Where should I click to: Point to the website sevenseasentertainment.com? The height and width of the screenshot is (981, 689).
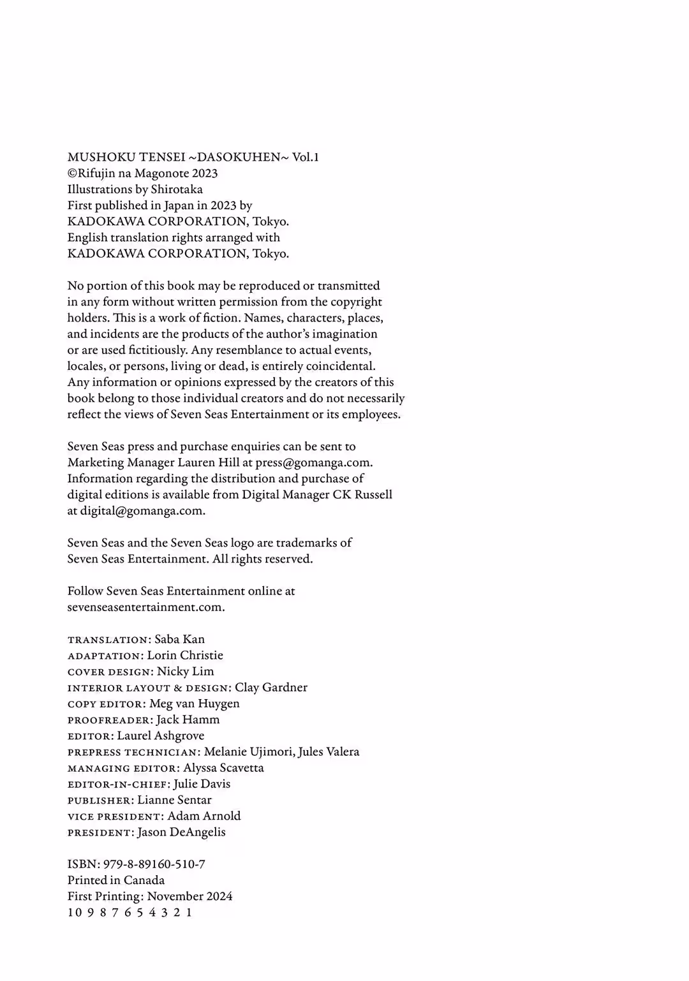coord(145,607)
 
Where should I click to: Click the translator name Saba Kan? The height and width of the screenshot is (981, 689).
coord(179,639)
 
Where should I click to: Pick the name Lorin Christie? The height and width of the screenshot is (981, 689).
coord(185,655)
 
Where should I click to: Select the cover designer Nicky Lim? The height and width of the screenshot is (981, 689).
coord(185,671)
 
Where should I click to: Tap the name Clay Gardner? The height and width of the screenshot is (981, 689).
coord(270,688)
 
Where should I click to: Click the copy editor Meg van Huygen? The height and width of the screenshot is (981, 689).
coord(194,704)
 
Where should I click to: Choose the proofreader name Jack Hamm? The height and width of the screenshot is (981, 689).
coord(188,719)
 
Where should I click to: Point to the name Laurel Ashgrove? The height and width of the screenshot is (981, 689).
coord(160,735)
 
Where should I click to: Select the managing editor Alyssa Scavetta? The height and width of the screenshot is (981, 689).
coord(223,768)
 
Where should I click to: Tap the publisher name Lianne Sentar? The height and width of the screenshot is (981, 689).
coord(174,800)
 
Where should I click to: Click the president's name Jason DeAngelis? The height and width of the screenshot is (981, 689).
coord(181,832)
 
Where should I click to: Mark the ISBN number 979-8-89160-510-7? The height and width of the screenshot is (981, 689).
coord(154,864)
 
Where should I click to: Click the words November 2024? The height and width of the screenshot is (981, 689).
coord(189,896)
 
